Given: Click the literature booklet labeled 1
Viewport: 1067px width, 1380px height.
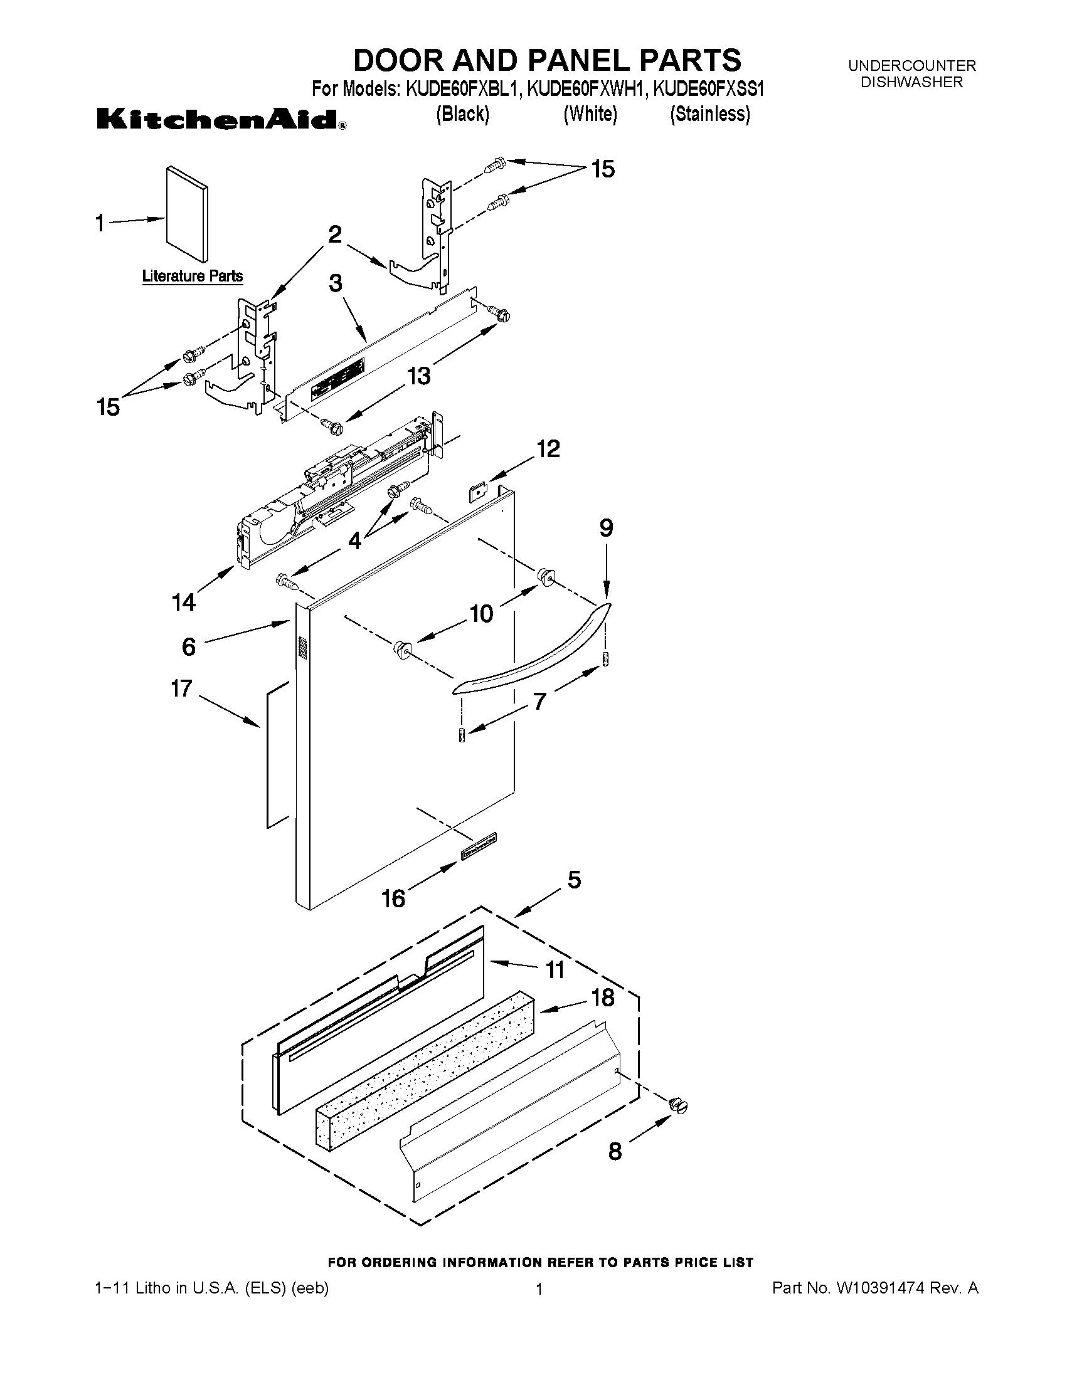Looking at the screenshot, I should [186, 215].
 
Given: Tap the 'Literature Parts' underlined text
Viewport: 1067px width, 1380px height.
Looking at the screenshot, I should [192, 276].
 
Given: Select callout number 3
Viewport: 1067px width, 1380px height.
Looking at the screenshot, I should [336, 283].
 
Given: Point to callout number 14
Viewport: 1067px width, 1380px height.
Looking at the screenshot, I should [184, 602].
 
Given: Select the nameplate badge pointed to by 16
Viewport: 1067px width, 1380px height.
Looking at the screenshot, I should [478, 846].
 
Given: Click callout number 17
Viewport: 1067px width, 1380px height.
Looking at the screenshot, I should [181, 688].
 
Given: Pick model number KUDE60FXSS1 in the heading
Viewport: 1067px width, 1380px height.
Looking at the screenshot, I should [708, 90].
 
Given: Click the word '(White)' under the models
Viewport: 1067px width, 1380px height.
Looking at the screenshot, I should [590, 114].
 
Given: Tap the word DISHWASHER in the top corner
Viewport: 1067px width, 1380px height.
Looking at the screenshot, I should [911, 82].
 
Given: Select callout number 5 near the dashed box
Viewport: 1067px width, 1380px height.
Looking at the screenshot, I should [574, 880].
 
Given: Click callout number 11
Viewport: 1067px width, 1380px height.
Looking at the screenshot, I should [555, 969].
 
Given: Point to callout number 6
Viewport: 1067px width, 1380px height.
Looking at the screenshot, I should [189, 646].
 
